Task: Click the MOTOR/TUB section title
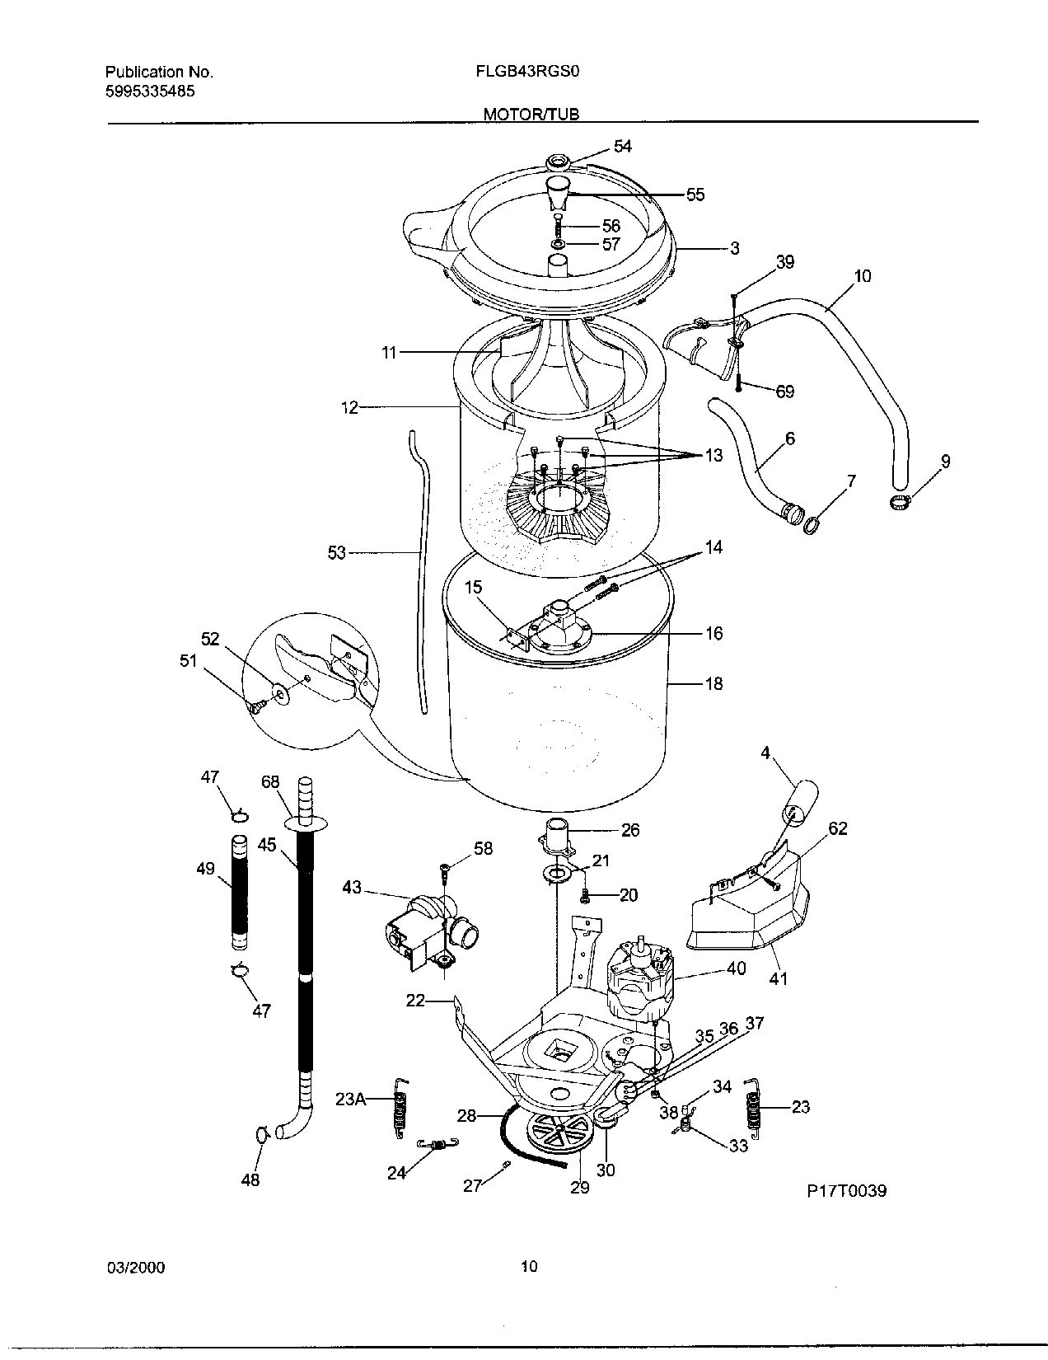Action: point(531,115)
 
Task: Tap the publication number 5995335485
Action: point(150,91)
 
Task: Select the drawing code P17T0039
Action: point(847,1190)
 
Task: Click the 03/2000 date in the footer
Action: point(136,1267)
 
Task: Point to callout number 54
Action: point(622,146)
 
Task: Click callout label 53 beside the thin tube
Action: point(337,552)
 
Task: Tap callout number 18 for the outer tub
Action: point(713,682)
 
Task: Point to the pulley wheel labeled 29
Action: point(552,1136)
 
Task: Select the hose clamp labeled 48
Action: point(262,1137)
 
